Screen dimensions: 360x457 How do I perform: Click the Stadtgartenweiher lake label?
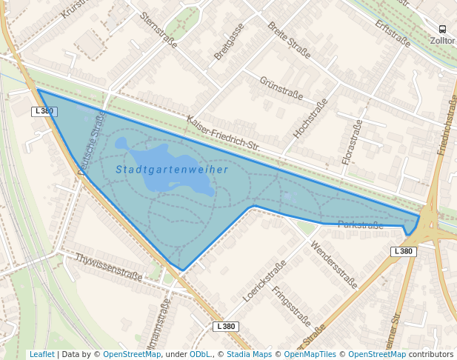pyautogui.click(x=172, y=170)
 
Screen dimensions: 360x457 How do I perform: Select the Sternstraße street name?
pyautogui.click(x=159, y=30)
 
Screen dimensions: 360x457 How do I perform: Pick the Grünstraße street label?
pyautogui.click(x=281, y=87)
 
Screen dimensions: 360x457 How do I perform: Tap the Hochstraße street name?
pyautogui.click(x=310, y=119)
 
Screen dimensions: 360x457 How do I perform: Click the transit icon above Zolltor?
pyautogui.click(x=443, y=29)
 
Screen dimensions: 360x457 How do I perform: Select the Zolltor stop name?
pyautogui.click(x=442, y=41)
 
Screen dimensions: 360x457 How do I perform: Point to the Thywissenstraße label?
pyautogui.click(x=108, y=267)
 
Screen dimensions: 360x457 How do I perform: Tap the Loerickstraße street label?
pyautogui.click(x=264, y=281)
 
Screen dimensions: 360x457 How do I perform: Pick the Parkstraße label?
pyautogui.click(x=361, y=224)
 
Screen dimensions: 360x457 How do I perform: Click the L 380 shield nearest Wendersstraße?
pyautogui.click(x=402, y=251)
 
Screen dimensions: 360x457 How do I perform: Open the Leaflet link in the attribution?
pyautogui.click(x=41, y=354)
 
